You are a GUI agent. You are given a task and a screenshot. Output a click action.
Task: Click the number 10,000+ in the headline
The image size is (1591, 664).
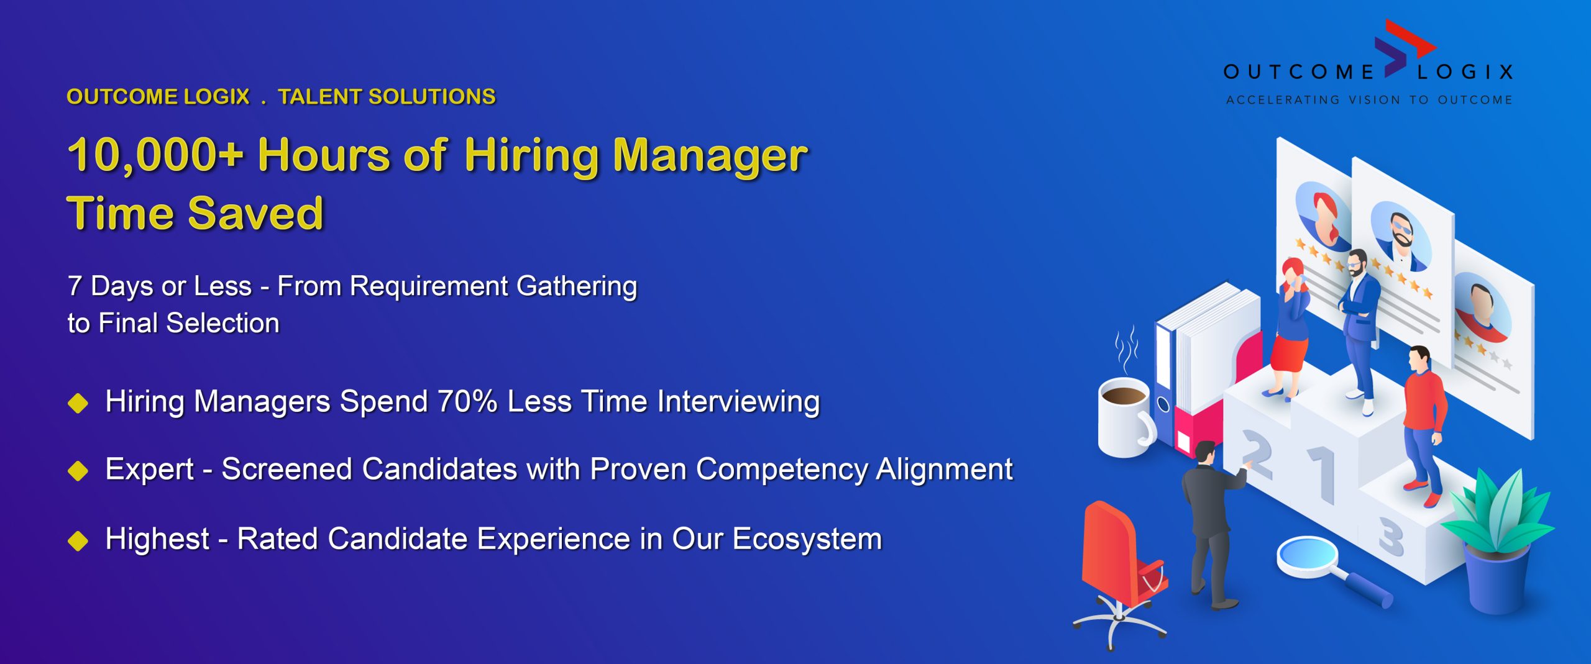click(155, 155)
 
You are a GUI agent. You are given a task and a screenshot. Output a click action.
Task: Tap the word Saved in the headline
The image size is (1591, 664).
click(255, 213)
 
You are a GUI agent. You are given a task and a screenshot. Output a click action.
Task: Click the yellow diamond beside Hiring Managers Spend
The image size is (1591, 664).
click(78, 402)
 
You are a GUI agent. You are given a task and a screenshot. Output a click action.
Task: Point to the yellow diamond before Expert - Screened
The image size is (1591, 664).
click(78, 471)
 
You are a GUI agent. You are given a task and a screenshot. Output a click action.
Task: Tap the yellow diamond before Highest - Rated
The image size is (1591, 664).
click(78, 540)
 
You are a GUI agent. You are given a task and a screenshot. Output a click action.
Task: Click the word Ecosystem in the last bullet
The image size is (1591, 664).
click(807, 539)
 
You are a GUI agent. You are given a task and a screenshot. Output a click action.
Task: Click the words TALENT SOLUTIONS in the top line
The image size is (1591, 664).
click(387, 97)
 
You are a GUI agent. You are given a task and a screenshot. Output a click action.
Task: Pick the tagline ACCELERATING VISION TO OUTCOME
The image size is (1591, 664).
click(1369, 99)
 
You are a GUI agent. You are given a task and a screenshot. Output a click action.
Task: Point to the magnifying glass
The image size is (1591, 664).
click(1330, 568)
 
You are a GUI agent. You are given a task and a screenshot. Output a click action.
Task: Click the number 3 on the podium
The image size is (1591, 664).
click(1391, 537)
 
